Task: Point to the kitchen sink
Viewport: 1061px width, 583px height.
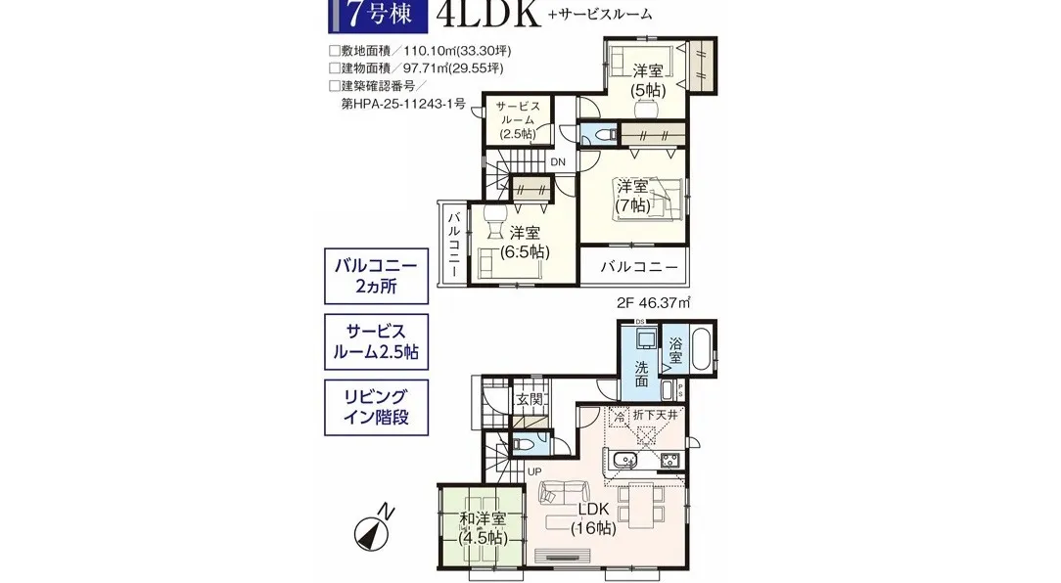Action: [x=624, y=460]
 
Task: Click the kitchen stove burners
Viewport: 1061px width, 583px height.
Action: [x=670, y=460]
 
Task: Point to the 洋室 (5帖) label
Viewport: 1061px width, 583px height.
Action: [x=646, y=79]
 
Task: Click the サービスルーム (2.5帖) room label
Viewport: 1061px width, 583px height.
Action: [x=517, y=119]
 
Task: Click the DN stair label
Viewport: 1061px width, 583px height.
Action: [x=557, y=162]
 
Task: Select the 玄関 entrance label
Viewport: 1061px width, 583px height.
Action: [x=530, y=399]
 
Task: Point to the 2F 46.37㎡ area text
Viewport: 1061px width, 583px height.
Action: [x=654, y=304]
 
